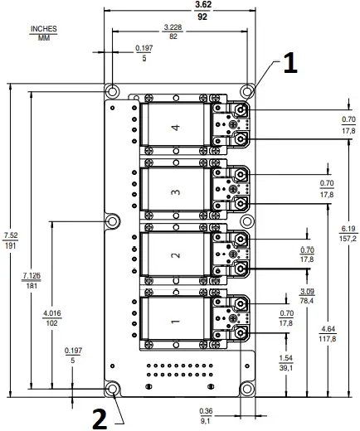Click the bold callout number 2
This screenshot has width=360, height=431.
pyautogui.click(x=99, y=419)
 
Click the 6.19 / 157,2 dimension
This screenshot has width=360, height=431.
pyautogui.click(x=348, y=233)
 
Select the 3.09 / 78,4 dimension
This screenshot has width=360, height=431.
pyautogui.click(x=307, y=295)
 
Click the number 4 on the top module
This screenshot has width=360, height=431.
pyautogui.click(x=175, y=127)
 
